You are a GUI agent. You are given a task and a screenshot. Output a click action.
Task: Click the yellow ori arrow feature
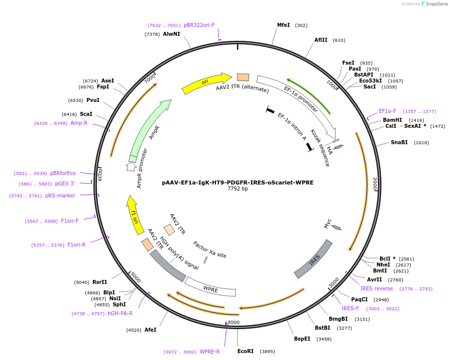(206, 83)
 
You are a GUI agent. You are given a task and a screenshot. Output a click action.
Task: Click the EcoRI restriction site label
(245, 351)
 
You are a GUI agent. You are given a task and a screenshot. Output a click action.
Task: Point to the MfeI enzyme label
(283, 25)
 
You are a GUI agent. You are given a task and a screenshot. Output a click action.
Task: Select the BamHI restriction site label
(392, 120)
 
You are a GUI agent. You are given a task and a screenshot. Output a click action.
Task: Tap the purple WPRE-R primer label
(210, 352)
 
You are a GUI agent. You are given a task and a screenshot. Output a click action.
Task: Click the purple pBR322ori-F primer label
(199, 25)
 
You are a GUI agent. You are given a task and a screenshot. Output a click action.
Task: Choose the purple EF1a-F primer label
(387, 111)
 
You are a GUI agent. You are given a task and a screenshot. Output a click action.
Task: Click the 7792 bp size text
(237, 189)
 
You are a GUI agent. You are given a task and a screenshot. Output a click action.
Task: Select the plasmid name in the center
(237, 182)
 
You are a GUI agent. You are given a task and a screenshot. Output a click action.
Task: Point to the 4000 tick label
(233, 322)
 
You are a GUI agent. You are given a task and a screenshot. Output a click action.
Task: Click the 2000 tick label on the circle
(375, 183)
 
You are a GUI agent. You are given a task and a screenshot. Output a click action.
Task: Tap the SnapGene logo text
(437, 4)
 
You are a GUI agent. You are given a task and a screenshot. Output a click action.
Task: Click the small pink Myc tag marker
(336, 228)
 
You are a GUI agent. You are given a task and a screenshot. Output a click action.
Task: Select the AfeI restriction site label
(150, 330)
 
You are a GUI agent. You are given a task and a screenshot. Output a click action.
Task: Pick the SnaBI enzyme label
(399, 142)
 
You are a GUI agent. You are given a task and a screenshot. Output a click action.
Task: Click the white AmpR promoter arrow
(131, 167)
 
